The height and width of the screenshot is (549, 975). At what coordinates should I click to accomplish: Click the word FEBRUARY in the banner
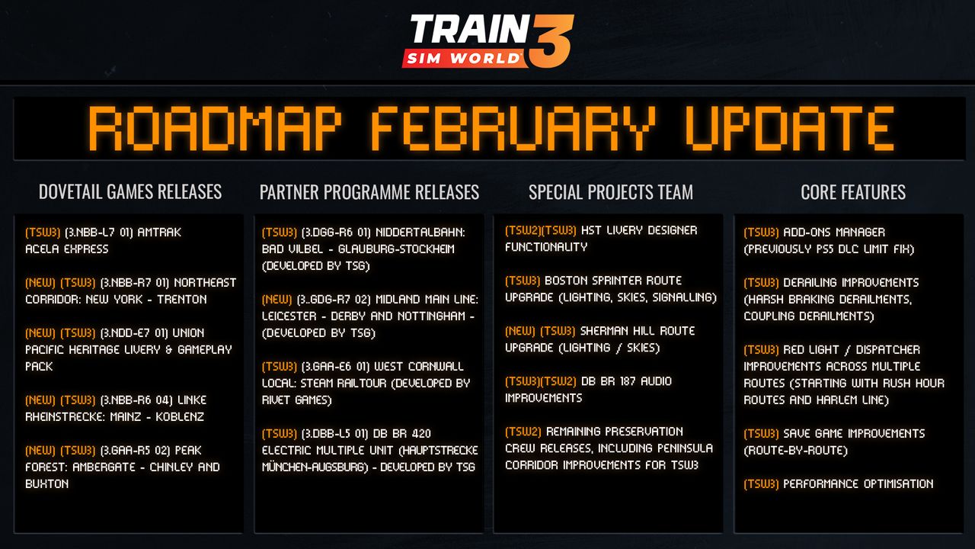point(513,129)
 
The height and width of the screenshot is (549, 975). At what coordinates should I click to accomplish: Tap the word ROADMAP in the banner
point(215,129)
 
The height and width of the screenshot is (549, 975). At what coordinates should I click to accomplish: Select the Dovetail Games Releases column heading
point(130,191)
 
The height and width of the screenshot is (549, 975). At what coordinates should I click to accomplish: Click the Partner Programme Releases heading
point(369,192)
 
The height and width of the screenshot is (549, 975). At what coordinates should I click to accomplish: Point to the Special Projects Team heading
point(611,192)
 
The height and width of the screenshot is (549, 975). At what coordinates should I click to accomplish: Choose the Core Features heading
point(853,192)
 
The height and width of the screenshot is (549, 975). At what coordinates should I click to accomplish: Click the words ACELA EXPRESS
point(66,249)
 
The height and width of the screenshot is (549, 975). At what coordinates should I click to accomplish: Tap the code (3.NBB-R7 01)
point(135,283)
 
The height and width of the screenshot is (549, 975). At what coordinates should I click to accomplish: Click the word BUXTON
point(47,484)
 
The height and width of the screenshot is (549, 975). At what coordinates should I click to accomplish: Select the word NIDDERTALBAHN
point(420,233)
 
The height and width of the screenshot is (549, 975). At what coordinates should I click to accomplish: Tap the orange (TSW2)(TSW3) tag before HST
point(541,230)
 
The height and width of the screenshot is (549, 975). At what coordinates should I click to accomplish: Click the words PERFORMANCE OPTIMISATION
point(858,484)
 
